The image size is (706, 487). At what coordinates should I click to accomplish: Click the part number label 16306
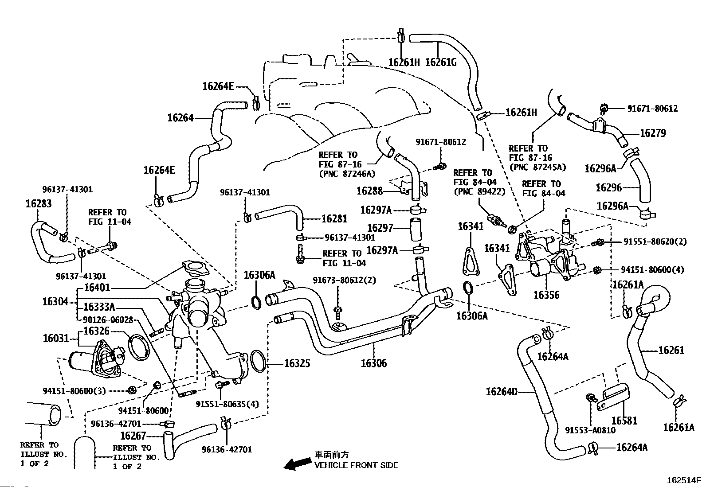click(x=373, y=363)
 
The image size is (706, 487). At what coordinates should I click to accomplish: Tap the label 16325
click(x=297, y=363)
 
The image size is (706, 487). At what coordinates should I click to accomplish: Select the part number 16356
click(x=546, y=295)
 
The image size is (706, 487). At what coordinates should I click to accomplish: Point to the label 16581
click(x=624, y=420)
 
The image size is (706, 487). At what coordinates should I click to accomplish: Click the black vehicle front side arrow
click(x=298, y=463)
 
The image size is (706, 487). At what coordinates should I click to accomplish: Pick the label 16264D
click(x=502, y=392)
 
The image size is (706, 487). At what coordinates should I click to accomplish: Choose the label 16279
click(x=653, y=133)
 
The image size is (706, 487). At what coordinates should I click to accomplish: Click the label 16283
click(x=39, y=203)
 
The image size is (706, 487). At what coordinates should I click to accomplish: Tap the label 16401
click(x=97, y=288)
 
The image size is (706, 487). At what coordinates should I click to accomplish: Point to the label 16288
click(x=370, y=191)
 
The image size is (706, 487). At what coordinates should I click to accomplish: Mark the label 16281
click(x=334, y=218)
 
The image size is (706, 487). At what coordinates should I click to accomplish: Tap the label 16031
click(x=56, y=339)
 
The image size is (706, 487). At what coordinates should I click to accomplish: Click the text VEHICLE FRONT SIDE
click(x=356, y=465)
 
